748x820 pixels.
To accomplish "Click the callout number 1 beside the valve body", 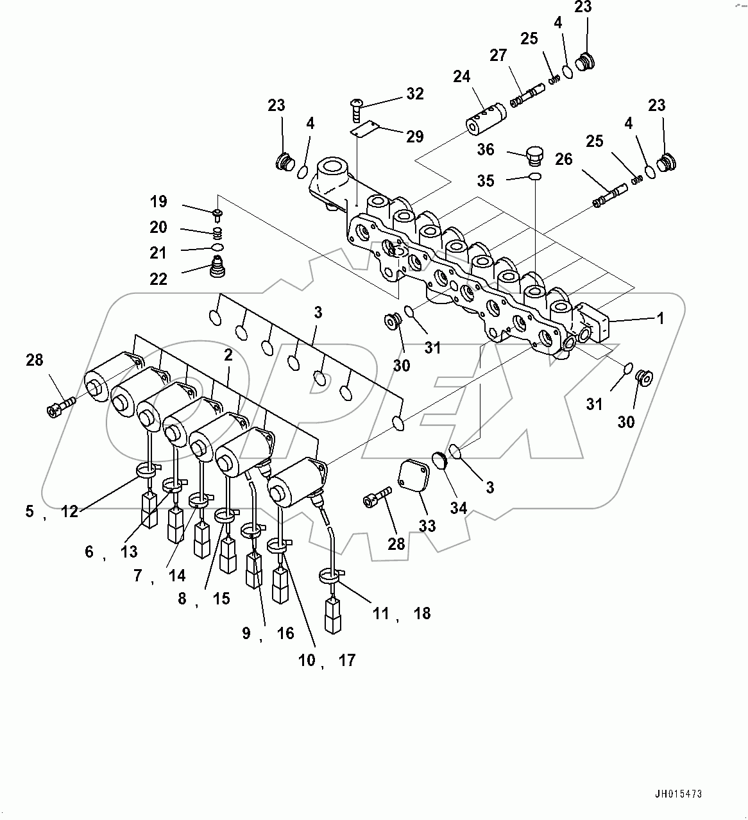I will (660, 318).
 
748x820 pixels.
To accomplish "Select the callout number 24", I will (462, 77).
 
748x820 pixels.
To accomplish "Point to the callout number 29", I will (414, 136).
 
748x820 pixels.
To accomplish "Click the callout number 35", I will (486, 181).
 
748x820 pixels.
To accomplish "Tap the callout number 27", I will (498, 55).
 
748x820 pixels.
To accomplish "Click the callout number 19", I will (158, 201).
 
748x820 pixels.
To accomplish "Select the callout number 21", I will (158, 253).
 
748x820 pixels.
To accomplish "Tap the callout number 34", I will (458, 508).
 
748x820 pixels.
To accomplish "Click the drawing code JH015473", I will (679, 794).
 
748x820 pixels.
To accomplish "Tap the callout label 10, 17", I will (327, 660).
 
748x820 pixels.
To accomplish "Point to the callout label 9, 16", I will (268, 633).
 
